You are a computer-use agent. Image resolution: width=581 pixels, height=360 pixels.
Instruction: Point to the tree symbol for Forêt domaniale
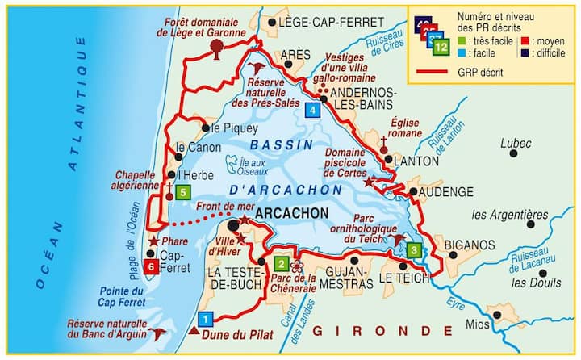[216, 48]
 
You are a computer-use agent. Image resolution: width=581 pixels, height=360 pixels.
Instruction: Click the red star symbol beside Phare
[153, 241]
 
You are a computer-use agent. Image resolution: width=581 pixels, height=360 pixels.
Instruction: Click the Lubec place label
[516, 144]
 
